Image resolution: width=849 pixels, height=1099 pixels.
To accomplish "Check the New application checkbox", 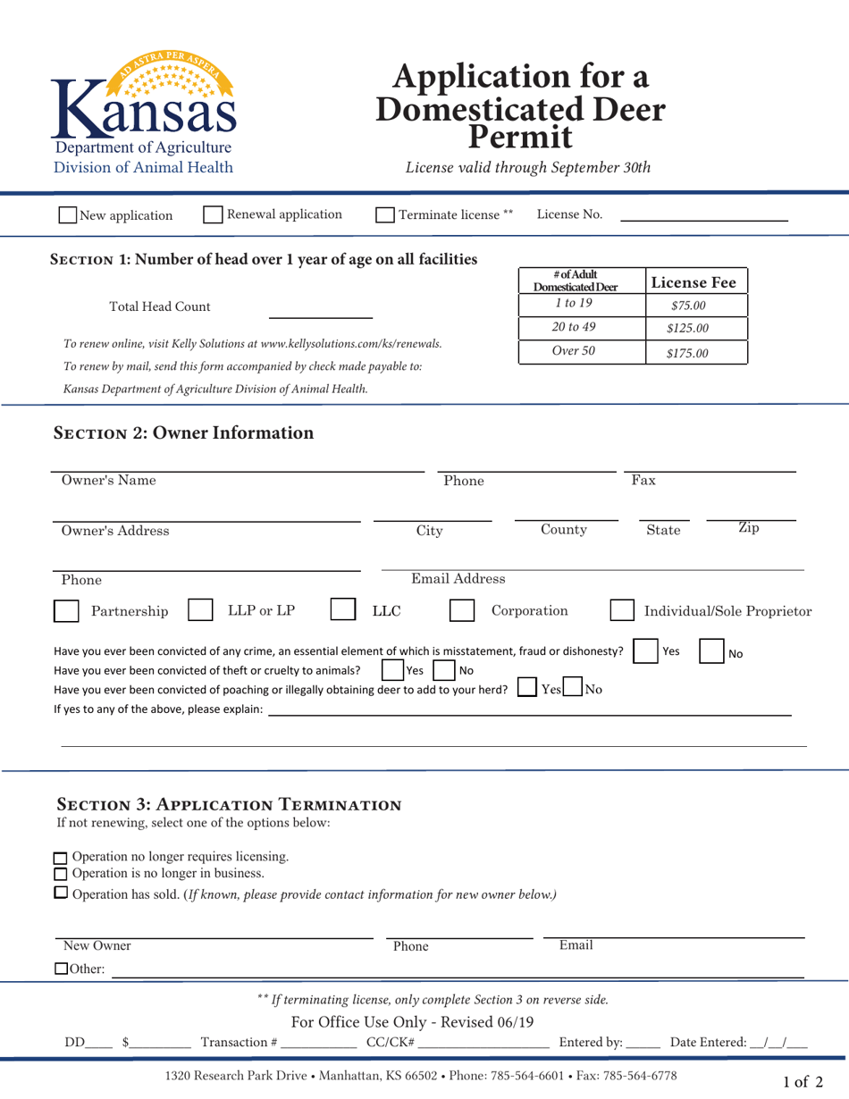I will click(x=67, y=215).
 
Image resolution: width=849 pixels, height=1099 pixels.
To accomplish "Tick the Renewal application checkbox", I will click(x=214, y=214).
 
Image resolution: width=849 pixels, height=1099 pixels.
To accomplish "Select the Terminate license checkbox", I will click(x=384, y=215).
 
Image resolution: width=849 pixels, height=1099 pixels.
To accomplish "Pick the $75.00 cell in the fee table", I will click(x=689, y=306).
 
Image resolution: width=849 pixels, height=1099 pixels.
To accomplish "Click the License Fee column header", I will click(x=693, y=282).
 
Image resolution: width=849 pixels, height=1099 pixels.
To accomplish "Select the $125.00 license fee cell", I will click(x=689, y=329).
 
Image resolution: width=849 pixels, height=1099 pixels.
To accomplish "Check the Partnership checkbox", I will click(x=66, y=611).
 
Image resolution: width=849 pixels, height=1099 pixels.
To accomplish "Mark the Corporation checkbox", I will click(x=462, y=611).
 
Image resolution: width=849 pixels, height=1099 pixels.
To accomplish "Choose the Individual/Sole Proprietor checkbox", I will click(x=622, y=611).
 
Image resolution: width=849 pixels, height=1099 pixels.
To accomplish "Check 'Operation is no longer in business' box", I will click(x=61, y=873).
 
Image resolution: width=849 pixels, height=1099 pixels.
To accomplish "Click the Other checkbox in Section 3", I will click(x=61, y=969).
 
